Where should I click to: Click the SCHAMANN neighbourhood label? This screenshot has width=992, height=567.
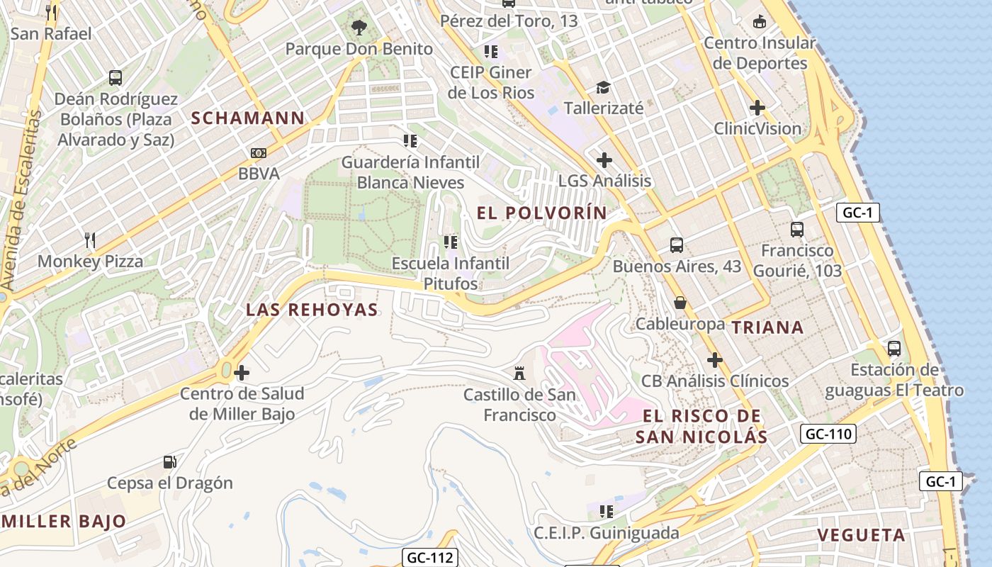[x=248, y=118]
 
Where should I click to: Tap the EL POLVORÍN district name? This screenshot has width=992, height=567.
[x=542, y=213]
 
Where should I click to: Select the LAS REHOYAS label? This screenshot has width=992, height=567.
[x=312, y=310]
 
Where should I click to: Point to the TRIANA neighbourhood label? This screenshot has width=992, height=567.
[x=767, y=327]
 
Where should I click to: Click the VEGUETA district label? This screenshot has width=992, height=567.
[x=862, y=535]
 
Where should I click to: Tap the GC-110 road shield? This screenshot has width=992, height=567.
[x=828, y=434]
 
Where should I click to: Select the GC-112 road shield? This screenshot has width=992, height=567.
[x=430, y=558]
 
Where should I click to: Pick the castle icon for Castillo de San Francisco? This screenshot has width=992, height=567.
[x=520, y=373]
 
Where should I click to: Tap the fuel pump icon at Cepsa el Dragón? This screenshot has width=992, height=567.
[x=170, y=462]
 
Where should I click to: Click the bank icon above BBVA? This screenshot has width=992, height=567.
[x=259, y=153]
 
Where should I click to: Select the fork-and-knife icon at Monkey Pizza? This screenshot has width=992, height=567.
[x=90, y=240]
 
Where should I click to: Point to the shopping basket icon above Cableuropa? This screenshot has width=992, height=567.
[x=680, y=303]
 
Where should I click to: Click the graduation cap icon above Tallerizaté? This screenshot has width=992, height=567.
[x=603, y=87]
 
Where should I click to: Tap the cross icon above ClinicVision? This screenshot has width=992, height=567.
[x=757, y=108]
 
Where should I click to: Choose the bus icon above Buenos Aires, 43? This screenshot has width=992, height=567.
[x=677, y=245]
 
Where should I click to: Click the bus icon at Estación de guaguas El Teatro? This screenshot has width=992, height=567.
[x=894, y=349]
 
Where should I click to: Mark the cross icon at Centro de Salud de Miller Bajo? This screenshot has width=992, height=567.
[x=242, y=372]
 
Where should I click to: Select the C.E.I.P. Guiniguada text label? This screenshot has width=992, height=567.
[x=607, y=533]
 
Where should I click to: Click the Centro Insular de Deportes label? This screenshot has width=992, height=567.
[x=760, y=53]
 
